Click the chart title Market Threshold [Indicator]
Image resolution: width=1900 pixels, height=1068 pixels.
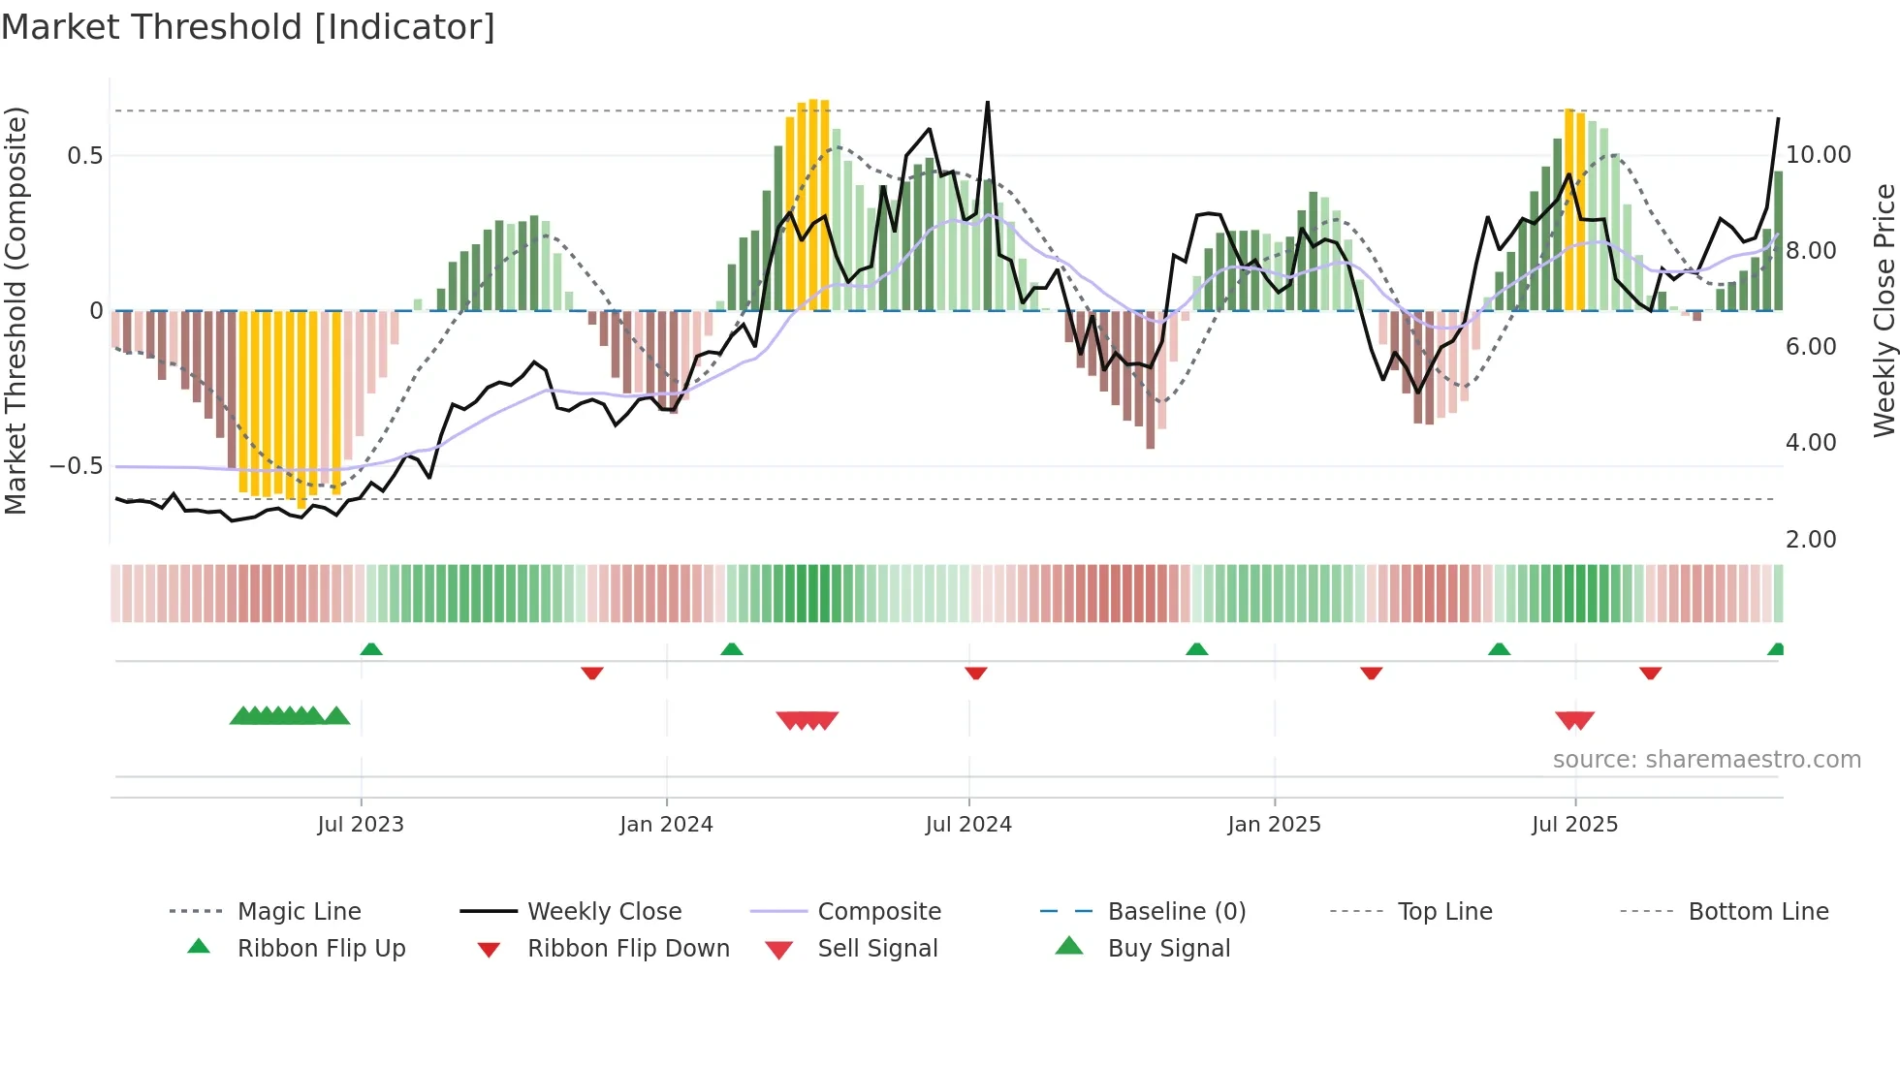(x=248, y=27)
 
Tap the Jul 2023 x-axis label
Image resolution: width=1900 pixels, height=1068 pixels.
(x=361, y=825)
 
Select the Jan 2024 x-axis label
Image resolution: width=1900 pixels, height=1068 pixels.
(x=666, y=825)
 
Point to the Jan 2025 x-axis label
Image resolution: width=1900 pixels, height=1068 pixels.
(x=1274, y=825)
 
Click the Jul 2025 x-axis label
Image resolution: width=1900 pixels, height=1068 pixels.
(x=1574, y=825)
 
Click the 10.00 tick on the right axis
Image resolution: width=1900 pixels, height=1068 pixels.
(x=1818, y=155)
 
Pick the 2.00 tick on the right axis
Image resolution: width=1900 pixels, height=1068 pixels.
(x=1810, y=540)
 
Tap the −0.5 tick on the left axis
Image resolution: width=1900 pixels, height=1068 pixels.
(x=76, y=466)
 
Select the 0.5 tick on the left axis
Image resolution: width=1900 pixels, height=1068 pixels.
(x=84, y=156)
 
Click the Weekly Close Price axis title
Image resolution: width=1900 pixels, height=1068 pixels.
(x=1884, y=310)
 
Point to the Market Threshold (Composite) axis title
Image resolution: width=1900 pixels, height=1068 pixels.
(x=16, y=310)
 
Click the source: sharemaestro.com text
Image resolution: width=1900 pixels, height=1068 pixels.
(x=1706, y=760)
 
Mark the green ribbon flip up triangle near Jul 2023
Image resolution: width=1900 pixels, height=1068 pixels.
(x=371, y=649)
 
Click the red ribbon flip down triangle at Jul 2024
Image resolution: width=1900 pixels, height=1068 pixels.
(x=976, y=673)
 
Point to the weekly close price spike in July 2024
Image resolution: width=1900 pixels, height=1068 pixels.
(x=987, y=104)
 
